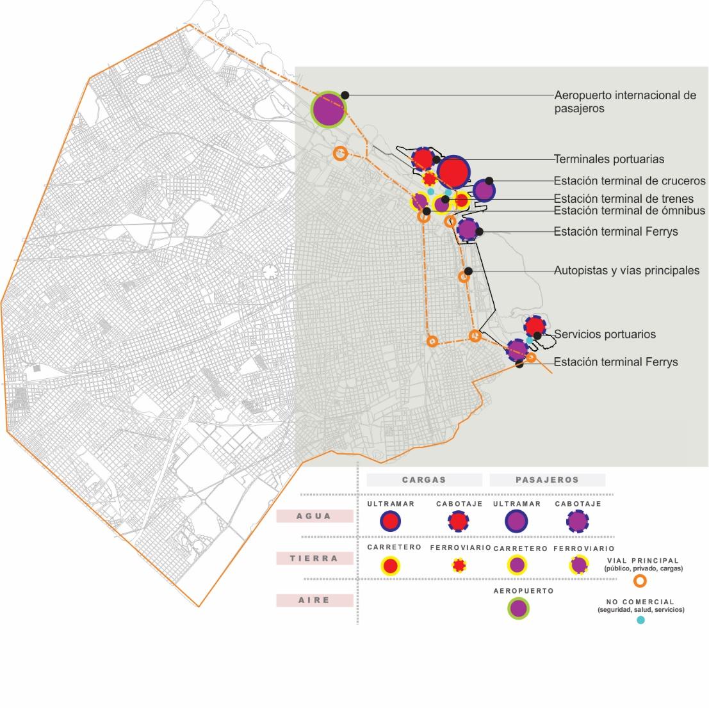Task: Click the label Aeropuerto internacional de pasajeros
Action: [x=624, y=102]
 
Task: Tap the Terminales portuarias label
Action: [x=608, y=159]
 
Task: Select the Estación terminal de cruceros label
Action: [x=629, y=181]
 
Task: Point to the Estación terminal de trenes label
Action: [x=623, y=199]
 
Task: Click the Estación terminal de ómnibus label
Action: [x=629, y=211]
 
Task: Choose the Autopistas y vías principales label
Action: [x=626, y=270]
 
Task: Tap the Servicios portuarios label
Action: [x=605, y=334]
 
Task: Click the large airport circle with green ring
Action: [x=329, y=109]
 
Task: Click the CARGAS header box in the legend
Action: [x=424, y=479]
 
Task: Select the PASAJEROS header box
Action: [x=547, y=479]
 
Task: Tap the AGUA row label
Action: [x=314, y=516]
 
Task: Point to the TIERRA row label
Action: [x=314, y=558]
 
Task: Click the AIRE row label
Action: [x=314, y=600]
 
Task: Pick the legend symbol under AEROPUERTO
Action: [x=519, y=608]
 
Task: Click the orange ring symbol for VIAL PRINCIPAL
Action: [x=639, y=581]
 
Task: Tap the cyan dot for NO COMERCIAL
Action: [x=640, y=620]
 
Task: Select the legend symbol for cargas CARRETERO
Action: [x=390, y=566]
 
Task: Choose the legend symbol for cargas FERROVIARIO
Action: [x=459, y=565]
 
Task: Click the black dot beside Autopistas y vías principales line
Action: [x=468, y=271]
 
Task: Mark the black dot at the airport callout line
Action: [x=345, y=94]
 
